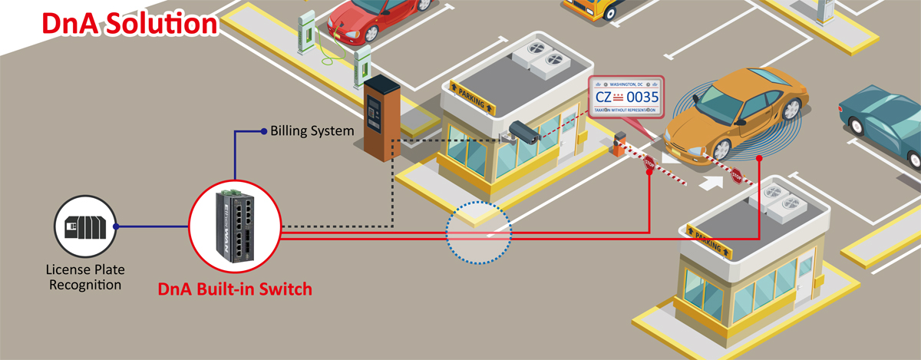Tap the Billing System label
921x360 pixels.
[x=312, y=130]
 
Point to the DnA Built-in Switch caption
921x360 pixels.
[x=235, y=289]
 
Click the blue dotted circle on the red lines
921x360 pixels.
[x=478, y=233]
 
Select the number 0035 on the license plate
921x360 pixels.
[x=643, y=97]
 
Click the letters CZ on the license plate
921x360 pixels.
[x=605, y=97]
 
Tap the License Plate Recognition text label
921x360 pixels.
[x=84, y=277]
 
